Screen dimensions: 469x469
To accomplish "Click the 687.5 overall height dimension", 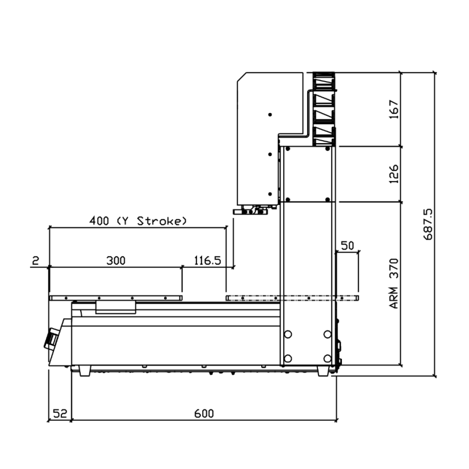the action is [x=428, y=224].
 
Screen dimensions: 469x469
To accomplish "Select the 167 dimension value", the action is [x=393, y=110].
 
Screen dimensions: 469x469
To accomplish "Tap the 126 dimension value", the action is [x=393, y=174].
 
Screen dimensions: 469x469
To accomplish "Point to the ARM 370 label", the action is [x=393, y=283].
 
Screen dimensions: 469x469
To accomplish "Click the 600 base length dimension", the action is [x=204, y=414].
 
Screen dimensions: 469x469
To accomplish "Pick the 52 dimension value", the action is [x=60, y=414].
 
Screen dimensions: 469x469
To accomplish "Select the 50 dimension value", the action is [x=347, y=245].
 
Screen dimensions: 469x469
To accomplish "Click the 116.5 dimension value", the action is [x=208, y=261].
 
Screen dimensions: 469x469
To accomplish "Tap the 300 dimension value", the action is [x=116, y=261].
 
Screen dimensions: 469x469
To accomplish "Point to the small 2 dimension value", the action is [x=35, y=261].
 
